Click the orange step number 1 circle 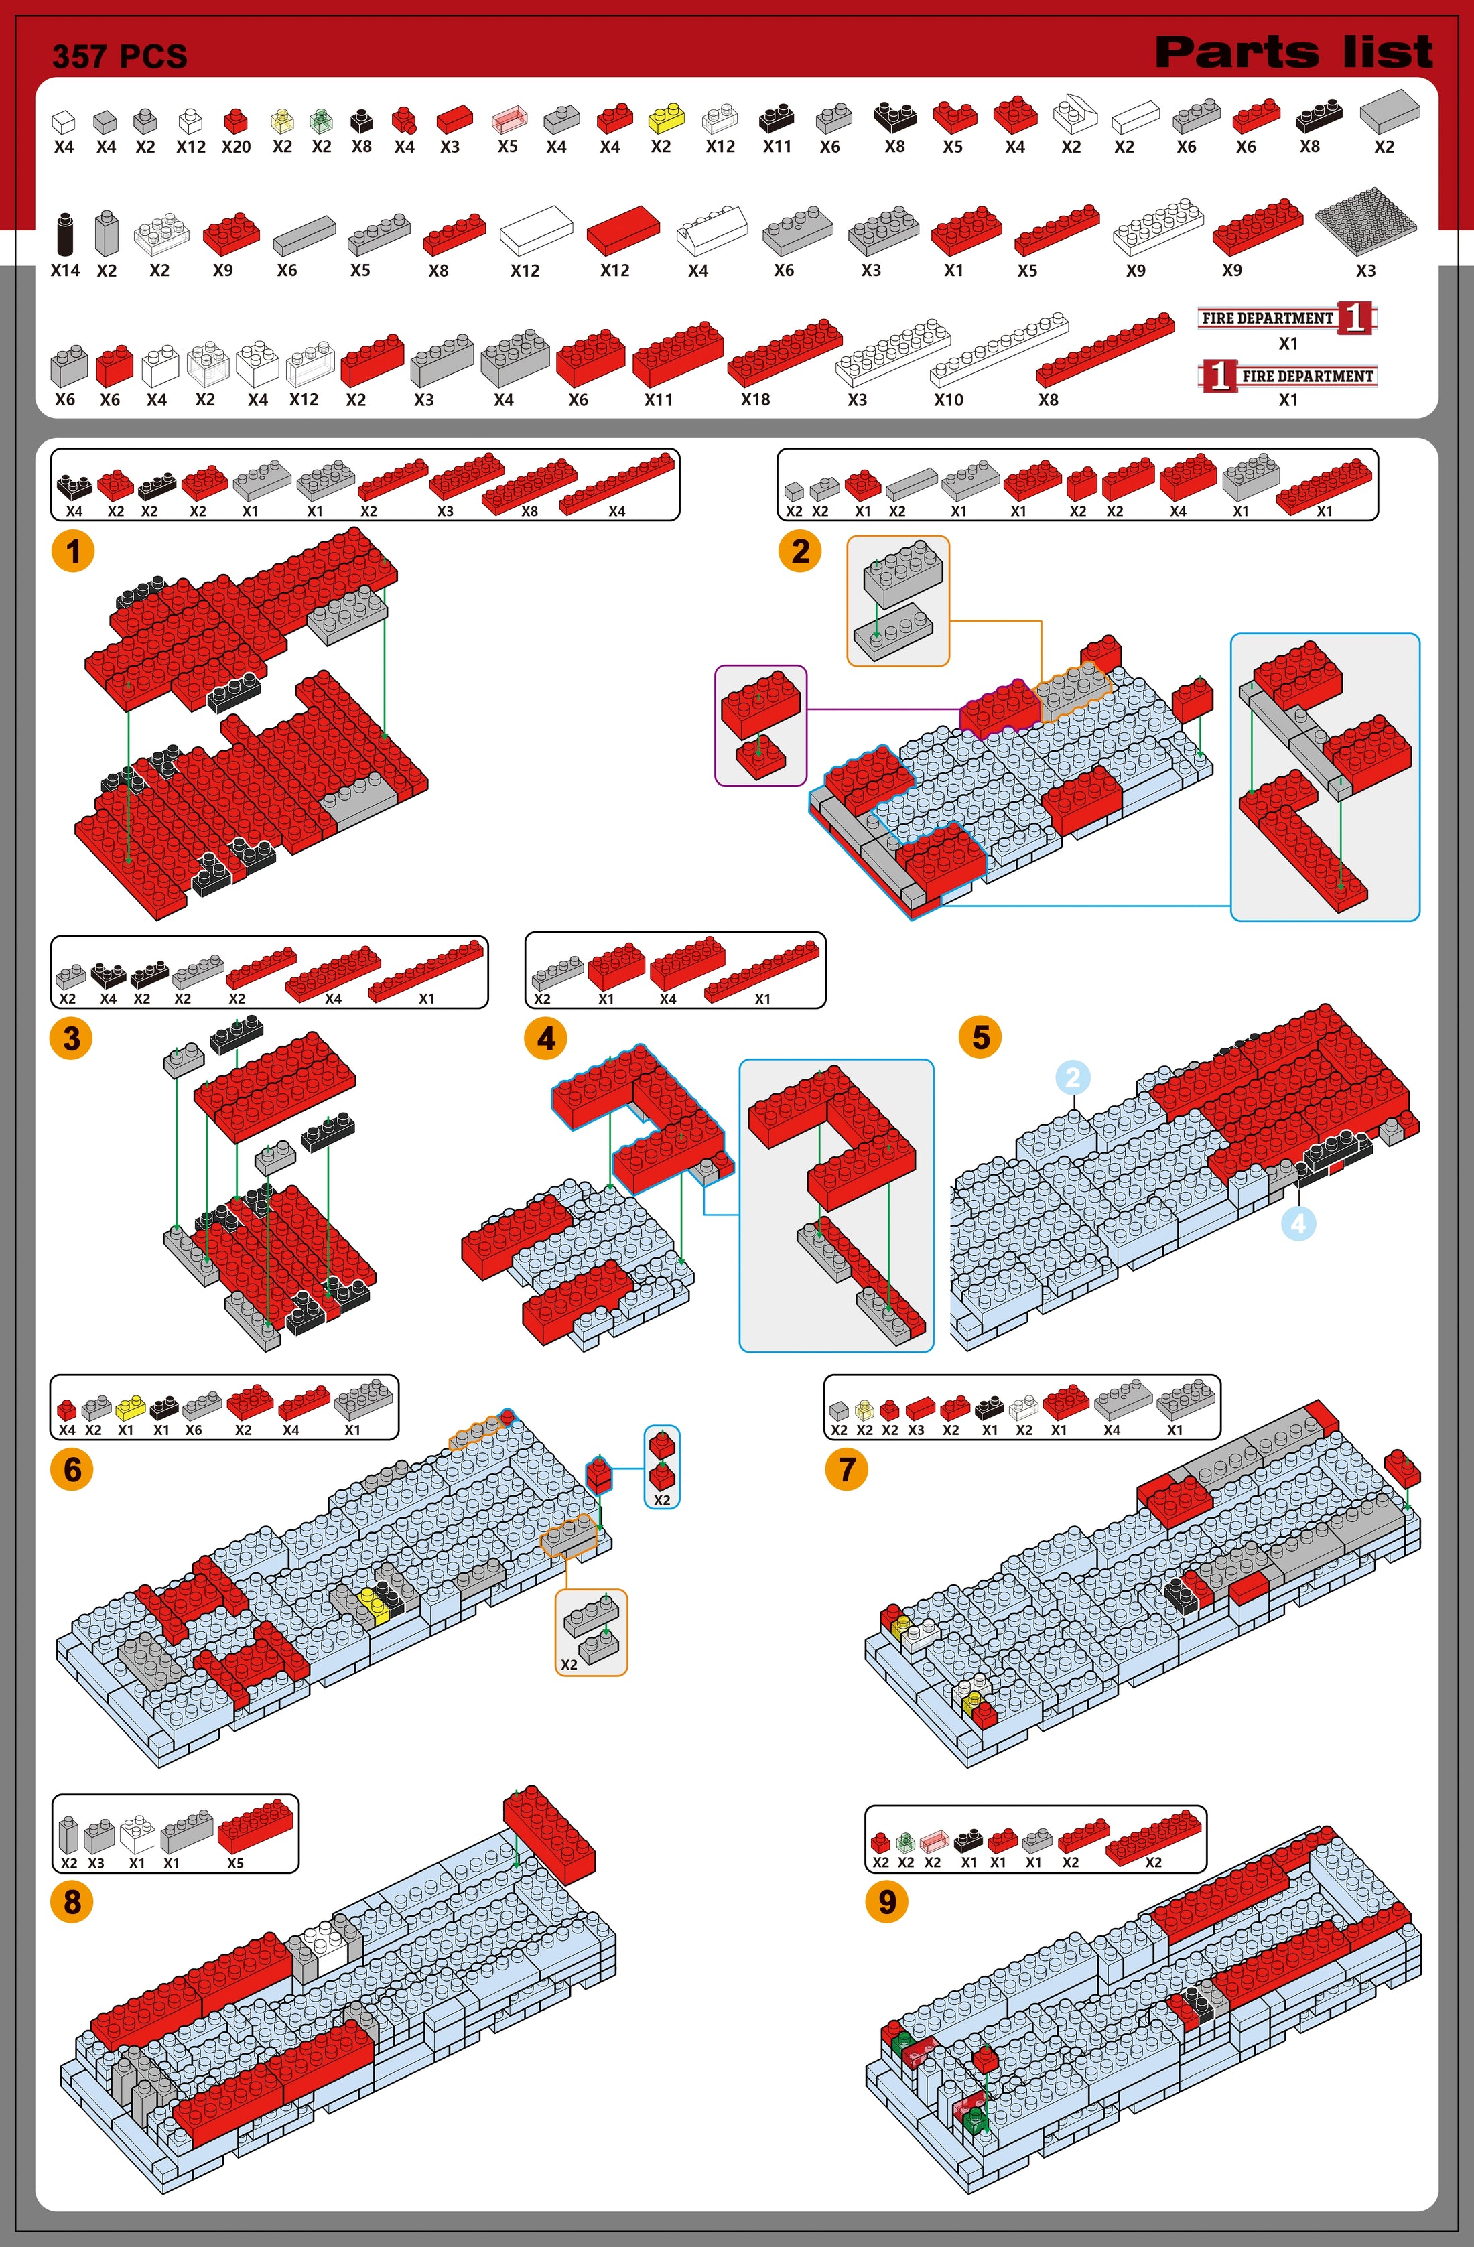tap(73, 551)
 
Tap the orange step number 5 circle tap(980, 1036)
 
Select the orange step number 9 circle tap(886, 1901)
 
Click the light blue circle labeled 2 tap(1072, 1077)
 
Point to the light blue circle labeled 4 tap(1298, 1223)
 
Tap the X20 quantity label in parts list tap(236, 147)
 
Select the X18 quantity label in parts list tap(755, 399)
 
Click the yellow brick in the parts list tap(667, 118)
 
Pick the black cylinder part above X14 tap(64, 233)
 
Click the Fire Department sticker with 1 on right tap(1288, 318)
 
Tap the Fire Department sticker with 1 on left tap(1288, 376)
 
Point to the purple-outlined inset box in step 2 tap(761, 725)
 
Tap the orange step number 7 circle tap(846, 1470)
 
